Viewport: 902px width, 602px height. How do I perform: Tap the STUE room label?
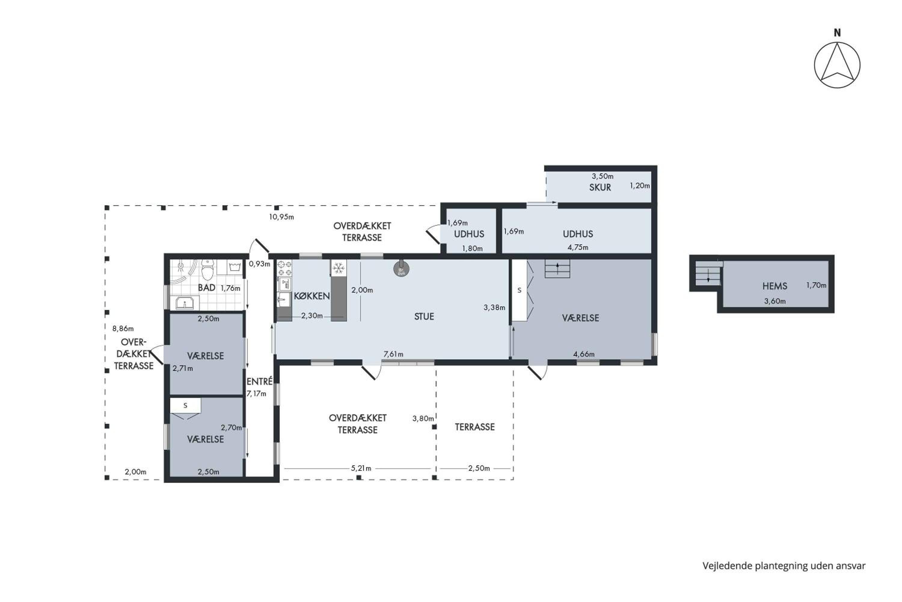pyautogui.click(x=424, y=316)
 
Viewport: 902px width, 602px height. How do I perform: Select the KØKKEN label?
pyautogui.click(x=311, y=296)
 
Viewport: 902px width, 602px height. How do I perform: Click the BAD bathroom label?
pyautogui.click(x=206, y=287)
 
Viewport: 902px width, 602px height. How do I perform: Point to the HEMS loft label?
pyautogui.click(x=775, y=286)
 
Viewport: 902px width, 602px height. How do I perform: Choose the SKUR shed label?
pyautogui.click(x=600, y=187)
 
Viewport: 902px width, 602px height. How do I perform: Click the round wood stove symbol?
pyautogui.click(x=401, y=269)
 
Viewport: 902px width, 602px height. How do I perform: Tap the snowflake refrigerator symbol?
pyautogui.click(x=338, y=268)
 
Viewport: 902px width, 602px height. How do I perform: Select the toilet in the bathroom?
pyautogui.click(x=207, y=269)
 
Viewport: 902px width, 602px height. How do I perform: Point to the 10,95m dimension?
pyautogui.click(x=281, y=217)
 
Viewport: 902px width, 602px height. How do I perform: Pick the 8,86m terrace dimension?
pyautogui.click(x=123, y=328)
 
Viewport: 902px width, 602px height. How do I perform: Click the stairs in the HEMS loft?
pyautogui.click(x=708, y=273)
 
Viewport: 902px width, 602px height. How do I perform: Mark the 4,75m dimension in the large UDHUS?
pyautogui.click(x=578, y=247)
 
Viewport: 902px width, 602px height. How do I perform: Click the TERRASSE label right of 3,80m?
pyautogui.click(x=475, y=427)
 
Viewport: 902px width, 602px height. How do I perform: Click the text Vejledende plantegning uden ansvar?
pyautogui.click(x=784, y=566)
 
